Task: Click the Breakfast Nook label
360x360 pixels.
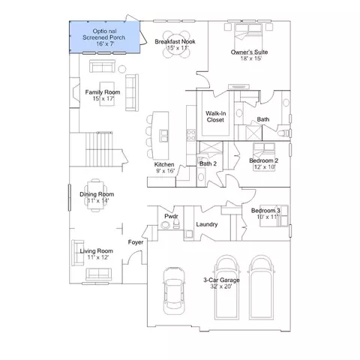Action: [x=175, y=41]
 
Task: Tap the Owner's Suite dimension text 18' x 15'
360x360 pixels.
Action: [x=250, y=58]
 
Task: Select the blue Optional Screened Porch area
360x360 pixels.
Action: [x=104, y=37]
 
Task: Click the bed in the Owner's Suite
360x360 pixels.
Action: [x=248, y=31]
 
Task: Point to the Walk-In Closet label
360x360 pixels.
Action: [x=215, y=117]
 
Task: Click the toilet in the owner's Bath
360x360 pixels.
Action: [x=284, y=133]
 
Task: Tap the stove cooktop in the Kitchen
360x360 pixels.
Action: [x=191, y=135]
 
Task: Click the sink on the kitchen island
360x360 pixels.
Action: [x=164, y=136]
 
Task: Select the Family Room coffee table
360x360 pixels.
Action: [x=107, y=94]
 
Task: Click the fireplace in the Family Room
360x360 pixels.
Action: [x=75, y=92]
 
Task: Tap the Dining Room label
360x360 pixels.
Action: [x=97, y=194]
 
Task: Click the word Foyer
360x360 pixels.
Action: [x=136, y=242]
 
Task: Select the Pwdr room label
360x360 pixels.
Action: [x=171, y=216]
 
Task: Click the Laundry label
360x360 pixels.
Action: [x=207, y=224]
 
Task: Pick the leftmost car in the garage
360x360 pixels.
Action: [x=174, y=290]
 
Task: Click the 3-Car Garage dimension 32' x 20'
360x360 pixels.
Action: [x=221, y=286]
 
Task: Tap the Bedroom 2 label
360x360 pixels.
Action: [x=263, y=160]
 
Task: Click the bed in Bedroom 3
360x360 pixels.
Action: [x=274, y=216]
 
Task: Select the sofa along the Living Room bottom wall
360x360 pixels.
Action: [x=99, y=274]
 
